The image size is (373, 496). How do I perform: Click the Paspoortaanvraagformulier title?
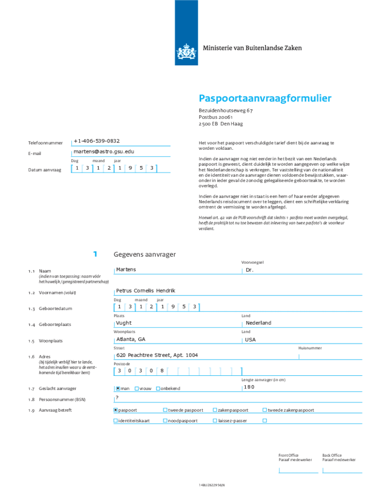click(265, 99)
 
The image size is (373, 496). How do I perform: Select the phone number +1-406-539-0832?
click(96, 140)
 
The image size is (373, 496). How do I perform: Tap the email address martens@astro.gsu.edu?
click(104, 152)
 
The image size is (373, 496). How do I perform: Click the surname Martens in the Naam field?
click(126, 269)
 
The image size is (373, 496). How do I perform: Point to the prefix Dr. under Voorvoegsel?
click(249, 270)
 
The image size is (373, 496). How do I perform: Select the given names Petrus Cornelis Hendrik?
click(145, 291)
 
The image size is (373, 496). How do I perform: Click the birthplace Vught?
click(124, 323)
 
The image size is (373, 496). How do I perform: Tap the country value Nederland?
click(258, 323)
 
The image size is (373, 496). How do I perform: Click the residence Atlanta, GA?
click(130, 339)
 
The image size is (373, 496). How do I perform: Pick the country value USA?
click(250, 340)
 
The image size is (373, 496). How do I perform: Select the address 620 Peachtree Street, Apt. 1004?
click(157, 355)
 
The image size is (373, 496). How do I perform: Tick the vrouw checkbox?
click(137, 388)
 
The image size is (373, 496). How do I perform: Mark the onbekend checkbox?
click(158, 388)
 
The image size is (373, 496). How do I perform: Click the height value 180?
click(249, 387)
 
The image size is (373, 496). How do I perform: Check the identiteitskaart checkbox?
click(116, 420)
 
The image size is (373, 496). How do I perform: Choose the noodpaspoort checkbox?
click(165, 420)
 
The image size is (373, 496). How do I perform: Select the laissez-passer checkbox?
click(215, 420)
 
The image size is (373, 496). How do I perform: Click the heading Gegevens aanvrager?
click(144, 254)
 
